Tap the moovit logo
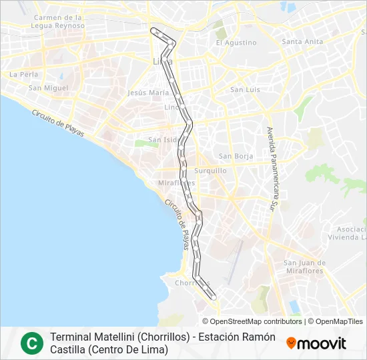(316, 343)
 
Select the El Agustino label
(236, 43)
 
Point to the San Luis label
(244, 89)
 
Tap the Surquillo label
(211, 171)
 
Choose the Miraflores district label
(176, 183)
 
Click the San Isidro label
(163, 140)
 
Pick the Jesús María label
(148, 93)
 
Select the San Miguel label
(48, 88)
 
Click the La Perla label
(23, 75)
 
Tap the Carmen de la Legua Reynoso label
(58, 21)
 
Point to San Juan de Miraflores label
(304, 267)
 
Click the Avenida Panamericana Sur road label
(273, 169)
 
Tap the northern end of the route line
(154, 29)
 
